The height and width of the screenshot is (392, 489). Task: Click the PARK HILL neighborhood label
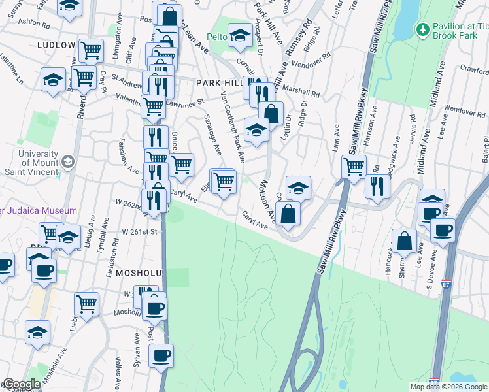[x=218, y=84]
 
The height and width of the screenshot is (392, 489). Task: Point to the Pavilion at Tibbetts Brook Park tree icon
[x=422, y=29]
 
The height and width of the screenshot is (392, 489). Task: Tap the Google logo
[x=21, y=384]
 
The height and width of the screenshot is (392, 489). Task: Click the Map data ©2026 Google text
[x=448, y=387]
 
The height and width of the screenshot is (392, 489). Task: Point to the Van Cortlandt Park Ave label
[x=233, y=128]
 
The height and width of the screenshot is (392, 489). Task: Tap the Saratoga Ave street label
[x=213, y=133]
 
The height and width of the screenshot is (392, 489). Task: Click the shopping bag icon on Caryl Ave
[x=288, y=214]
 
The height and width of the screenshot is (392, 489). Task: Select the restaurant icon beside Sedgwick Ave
[x=378, y=187]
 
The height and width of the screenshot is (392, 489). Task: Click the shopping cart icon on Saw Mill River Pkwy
[x=354, y=167]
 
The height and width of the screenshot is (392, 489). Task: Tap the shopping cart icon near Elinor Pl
[x=224, y=182]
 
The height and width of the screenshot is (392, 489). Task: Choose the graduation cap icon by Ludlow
[x=54, y=80]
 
